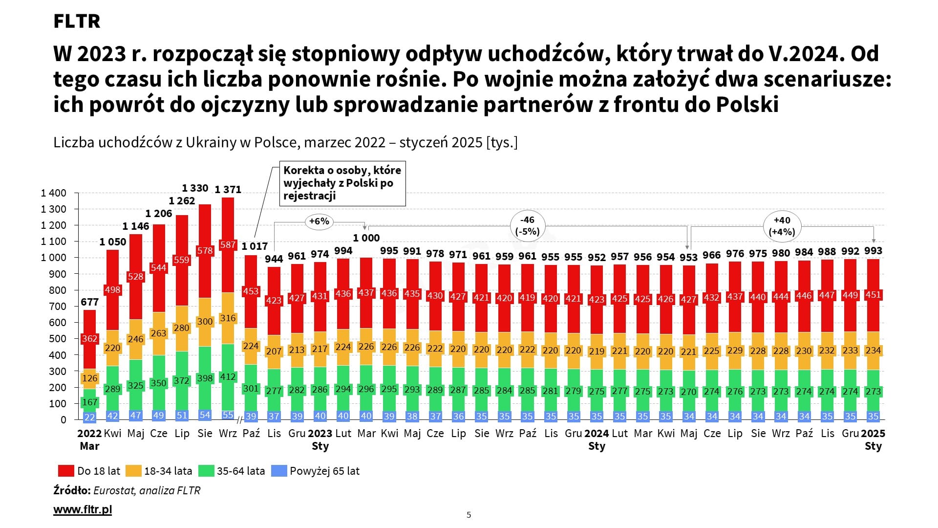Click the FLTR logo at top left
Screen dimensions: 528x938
point(77,21)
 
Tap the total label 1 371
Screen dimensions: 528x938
point(228,189)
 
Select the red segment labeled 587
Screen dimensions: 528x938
point(228,244)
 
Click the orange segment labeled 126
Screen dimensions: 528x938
point(89,378)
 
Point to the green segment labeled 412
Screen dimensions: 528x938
point(228,377)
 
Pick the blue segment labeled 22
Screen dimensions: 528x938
point(89,417)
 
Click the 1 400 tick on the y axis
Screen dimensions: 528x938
point(53,193)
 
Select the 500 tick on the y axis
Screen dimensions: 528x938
point(57,339)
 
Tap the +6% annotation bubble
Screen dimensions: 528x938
point(319,221)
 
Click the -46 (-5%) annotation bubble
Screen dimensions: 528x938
point(528,226)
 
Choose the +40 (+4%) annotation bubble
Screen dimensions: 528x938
point(782,226)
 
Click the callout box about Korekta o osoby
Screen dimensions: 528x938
point(342,183)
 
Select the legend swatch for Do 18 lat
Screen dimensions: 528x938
point(65,471)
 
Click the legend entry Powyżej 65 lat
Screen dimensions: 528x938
point(324,471)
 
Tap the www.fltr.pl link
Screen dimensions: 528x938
point(83,509)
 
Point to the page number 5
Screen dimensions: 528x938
point(469,514)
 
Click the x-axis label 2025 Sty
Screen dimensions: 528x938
point(873,439)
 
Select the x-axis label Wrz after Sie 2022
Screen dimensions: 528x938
point(228,433)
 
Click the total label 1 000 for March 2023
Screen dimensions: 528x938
point(366,238)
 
